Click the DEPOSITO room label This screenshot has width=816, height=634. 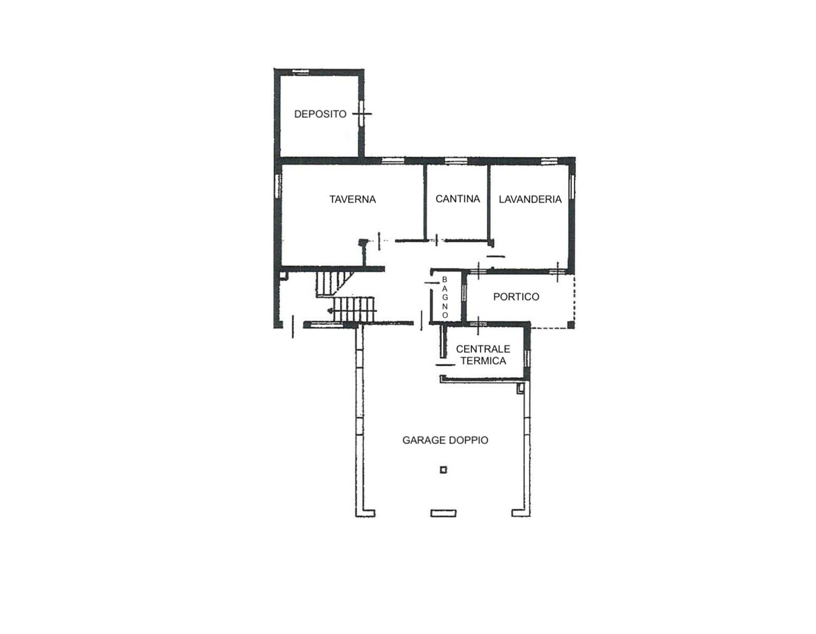coord(320,114)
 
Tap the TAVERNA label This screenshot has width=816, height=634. coord(353,199)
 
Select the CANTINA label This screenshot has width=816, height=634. coord(457,199)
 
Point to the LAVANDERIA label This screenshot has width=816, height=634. coord(530,199)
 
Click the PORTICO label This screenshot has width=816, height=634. coord(516,296)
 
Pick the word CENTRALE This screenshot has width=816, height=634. coord(483,349)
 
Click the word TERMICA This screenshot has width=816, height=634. coord(483,361)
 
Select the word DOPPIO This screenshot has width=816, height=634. coord(469,440)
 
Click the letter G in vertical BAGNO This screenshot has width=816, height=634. coord(444,297)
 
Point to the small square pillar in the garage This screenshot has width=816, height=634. coord(443,470)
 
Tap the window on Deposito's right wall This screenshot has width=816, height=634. coord(361,113)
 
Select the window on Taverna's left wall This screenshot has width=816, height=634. coord(278,186)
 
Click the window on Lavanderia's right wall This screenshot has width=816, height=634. coord(571,187)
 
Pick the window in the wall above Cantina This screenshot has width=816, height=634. coord(456,161)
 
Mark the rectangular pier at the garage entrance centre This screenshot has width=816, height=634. coord(443,513)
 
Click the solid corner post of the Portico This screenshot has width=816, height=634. coord(571,325)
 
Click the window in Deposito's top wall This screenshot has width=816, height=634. coord(300,71)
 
